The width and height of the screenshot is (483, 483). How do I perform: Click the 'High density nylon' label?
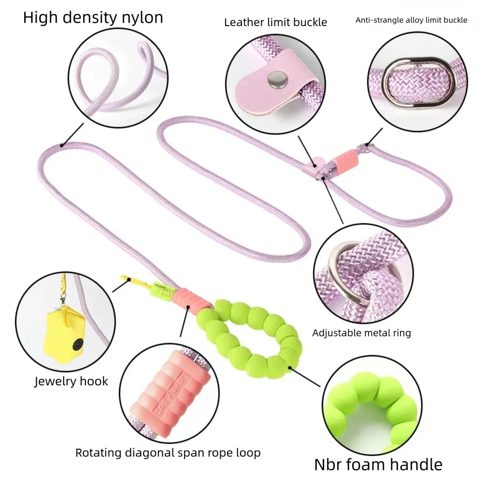[x=93, y=18]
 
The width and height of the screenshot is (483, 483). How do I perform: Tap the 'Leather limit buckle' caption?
[x=275, y=22]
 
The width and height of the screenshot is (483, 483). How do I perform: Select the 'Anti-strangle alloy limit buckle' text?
[x=411, y=20]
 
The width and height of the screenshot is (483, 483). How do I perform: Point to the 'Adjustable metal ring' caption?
[x=361, y=333]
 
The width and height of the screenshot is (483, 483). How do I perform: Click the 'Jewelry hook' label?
[x=71, y=382]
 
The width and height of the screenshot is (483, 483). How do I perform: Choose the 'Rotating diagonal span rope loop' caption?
[x=168, y=453]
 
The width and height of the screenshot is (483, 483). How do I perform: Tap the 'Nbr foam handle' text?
[x=378, y=465]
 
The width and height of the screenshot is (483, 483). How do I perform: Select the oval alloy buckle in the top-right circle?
[x=420, y=82]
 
